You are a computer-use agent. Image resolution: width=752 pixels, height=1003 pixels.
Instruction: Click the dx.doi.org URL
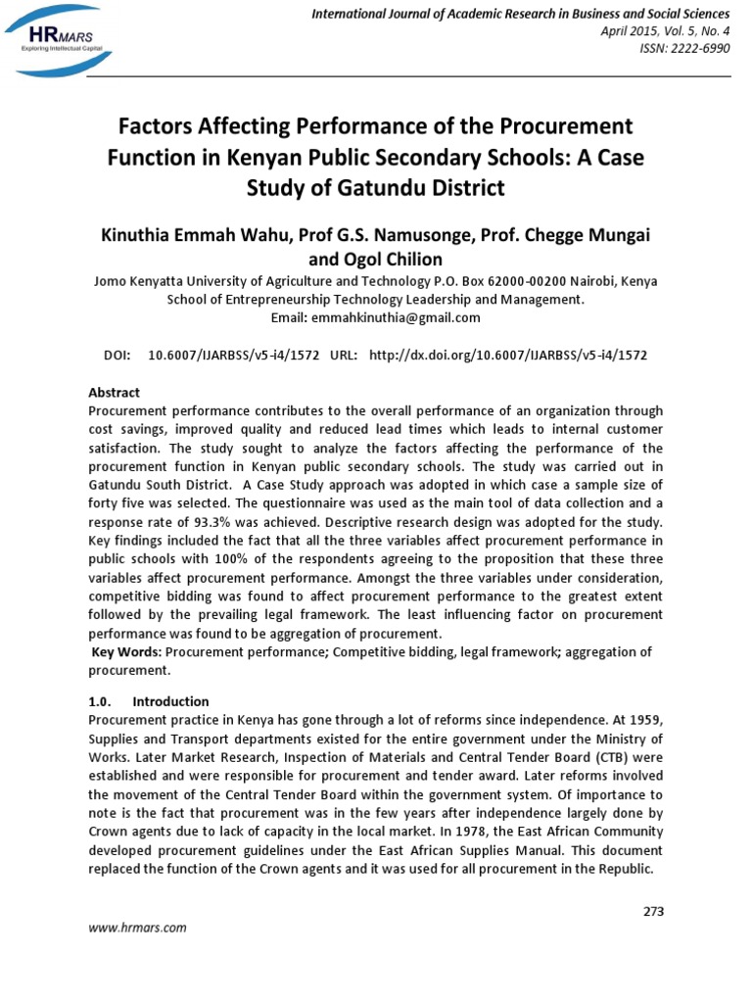click(507, 355)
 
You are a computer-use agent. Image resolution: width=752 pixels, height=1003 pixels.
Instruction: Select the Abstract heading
click(115, 392)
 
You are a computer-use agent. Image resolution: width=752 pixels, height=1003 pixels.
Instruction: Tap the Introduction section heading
click(170, 701)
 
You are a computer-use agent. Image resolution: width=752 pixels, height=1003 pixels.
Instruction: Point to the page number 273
click(653, 911)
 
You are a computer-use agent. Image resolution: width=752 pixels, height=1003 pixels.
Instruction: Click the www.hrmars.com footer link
click(138, 927)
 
